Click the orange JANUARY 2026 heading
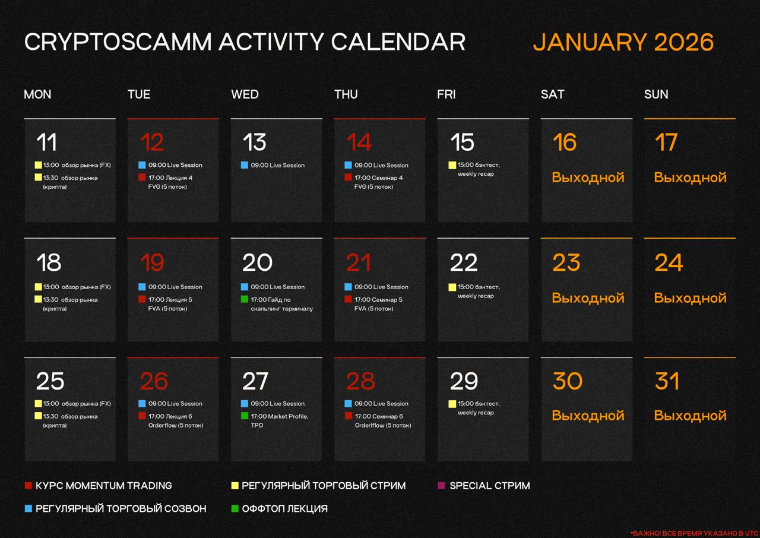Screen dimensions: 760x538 click(623, 42)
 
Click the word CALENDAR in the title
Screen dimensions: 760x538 click(398, 42)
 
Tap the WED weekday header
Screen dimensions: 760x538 click(245, 94)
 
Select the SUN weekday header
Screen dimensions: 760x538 click(656, 94)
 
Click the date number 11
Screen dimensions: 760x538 click(46, 142)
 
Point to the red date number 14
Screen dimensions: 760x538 click(359, 142)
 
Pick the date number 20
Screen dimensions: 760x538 click(257, 262)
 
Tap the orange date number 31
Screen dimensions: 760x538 click(667, 381)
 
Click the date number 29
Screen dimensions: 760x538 click(464, 381)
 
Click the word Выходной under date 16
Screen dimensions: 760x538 click(588, 178)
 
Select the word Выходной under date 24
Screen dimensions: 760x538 click(690, 298)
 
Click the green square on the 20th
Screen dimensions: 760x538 click(244, 299)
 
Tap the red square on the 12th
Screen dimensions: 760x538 click(142, 177)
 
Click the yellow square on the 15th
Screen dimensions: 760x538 click(452, 165)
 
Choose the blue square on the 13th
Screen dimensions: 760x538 click(244, 165)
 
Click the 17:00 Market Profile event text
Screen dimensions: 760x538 click(280, 420)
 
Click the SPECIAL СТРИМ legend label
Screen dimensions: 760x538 click(490, 486)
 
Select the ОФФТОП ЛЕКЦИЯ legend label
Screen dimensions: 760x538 click(284, 508)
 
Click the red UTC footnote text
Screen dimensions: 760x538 click(695, 533)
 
